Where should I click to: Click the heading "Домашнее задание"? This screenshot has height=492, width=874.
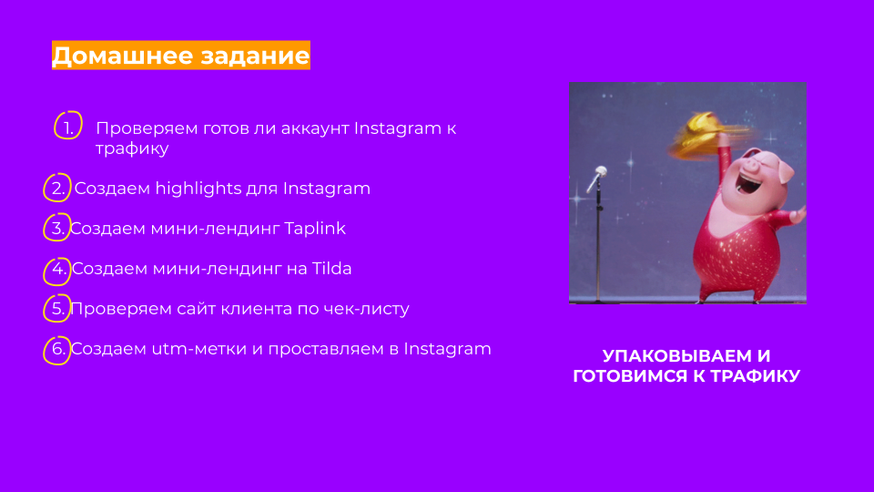point(180,56)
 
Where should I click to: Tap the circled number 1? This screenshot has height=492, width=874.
point(68,126)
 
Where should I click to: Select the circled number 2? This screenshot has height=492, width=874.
point(57,188)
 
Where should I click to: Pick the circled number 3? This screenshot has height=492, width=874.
point(56,228)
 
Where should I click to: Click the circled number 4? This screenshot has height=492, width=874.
point(56,272)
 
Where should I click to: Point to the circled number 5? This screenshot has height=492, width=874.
point(56,309)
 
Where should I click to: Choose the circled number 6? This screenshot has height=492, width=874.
point(56,350)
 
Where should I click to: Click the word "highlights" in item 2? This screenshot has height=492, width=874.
point(217,189)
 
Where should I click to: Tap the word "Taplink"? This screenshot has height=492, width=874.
point(315,229)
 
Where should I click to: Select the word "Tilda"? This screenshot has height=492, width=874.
point(331,268)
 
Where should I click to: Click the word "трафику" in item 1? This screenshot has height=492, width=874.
point(132,149)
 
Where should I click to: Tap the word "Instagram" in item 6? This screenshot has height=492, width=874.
point(448,349)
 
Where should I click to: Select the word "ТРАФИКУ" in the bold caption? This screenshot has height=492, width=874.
point(755,375)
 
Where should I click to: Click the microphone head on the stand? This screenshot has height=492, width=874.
point(600,171)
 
